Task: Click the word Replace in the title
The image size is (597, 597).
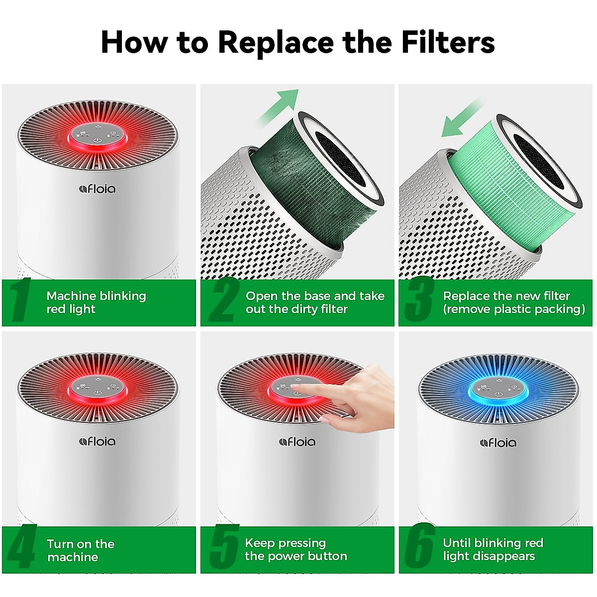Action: click(276, 42)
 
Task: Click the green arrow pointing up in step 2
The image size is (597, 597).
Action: click(279, 107)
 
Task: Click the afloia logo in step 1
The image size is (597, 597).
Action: click(98, 189)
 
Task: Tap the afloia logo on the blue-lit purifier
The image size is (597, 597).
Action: click(498, 442)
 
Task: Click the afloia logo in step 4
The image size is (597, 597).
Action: click(98, 441)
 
